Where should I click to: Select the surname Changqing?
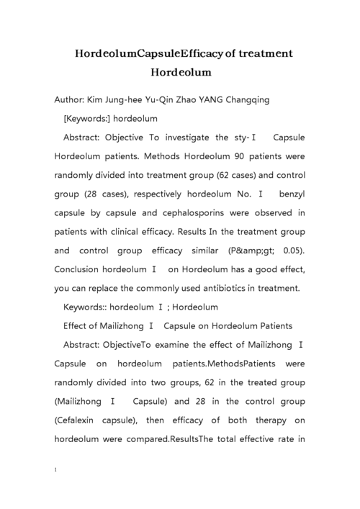coord(240,100)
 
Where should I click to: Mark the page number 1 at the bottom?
coord(56,469)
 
